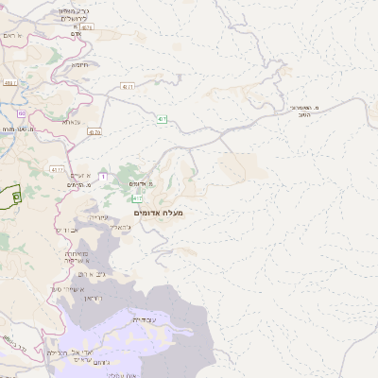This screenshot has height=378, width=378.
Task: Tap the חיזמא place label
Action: pyautogui.click(x=79, y=65)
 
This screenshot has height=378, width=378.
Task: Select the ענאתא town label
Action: pyautogui.click(x=72, y=122)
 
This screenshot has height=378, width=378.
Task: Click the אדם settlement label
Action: pyautogui.click(x=89, y=35)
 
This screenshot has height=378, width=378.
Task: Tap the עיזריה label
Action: pyautogui.click(x=99, y=217)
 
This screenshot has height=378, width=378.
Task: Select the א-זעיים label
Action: pyautogui.click(x=81, y=176)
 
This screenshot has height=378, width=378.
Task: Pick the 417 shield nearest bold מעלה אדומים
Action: pyautogui.click(x=139, y=198)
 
